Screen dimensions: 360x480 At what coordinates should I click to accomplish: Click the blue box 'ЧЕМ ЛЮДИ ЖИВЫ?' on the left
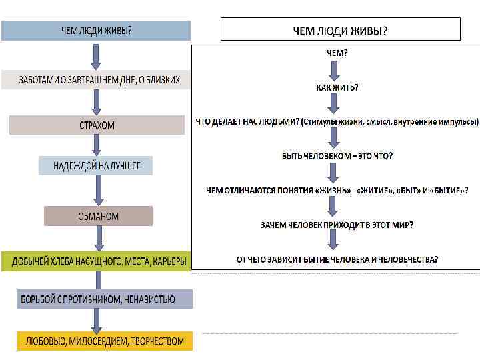tap(96, 31)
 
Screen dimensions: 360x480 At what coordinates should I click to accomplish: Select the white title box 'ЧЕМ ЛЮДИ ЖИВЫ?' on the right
tap(340, 29)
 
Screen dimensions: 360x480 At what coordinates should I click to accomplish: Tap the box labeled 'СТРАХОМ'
tap(97, 125)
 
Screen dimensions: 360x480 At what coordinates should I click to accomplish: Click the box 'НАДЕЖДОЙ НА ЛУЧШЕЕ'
tap(97, 165)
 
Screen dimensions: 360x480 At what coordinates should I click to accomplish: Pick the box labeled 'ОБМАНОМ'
tap(98, 216)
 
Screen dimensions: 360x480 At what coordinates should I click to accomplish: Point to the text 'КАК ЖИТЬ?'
tap(337, 87)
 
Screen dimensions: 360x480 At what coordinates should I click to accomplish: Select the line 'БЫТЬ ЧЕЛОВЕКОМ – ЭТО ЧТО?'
tap(337, 155)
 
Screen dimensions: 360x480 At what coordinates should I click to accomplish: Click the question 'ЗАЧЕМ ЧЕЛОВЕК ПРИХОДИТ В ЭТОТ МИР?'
tap(337, 225)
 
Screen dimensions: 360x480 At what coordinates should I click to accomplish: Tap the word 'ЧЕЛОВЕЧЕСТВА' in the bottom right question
tap(408, 259)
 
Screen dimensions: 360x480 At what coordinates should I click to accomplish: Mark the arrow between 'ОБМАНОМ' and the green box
tap(98, 238)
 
